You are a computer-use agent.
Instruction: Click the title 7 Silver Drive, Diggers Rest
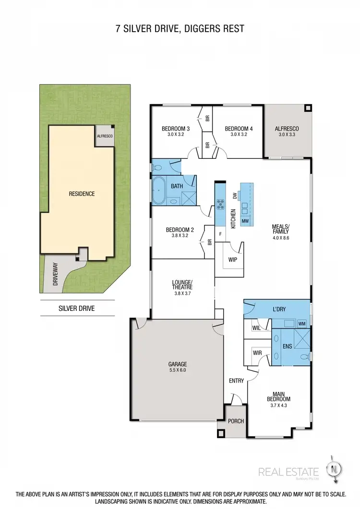click(180, 29)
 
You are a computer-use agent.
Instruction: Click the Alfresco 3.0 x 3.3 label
click(287, 131)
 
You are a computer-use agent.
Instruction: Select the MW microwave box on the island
click(245, 221)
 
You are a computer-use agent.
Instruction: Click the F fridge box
click(220, 235)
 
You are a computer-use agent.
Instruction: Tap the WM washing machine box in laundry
click(301, 323)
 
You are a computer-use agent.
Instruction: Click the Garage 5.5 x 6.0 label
click(177, 367)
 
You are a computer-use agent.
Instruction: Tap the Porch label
click(236, 421)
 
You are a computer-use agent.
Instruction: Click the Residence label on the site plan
click(82, 194)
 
